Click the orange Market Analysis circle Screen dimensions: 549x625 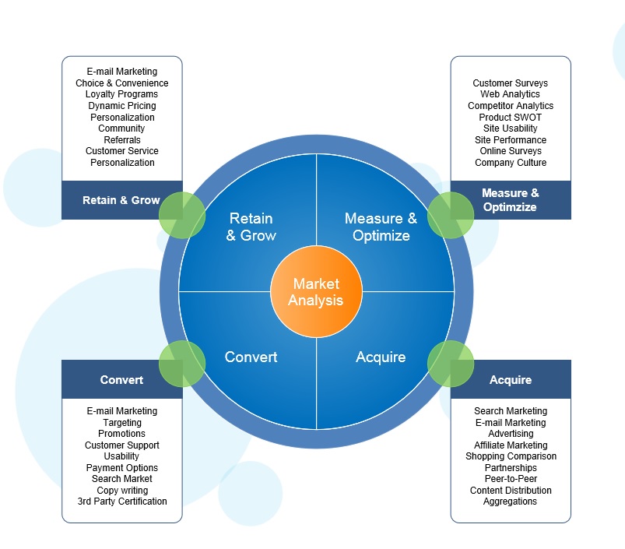(x=316, y=293)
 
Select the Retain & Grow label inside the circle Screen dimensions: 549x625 (x=251, y=227)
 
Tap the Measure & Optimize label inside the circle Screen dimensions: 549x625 (x=381, y=227)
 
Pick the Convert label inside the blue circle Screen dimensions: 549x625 (x=251, y=357)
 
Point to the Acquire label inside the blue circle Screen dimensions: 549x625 (x=381, y=357)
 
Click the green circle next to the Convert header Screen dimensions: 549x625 (x=182, y=363)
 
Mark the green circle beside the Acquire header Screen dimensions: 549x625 (x=451, y=364)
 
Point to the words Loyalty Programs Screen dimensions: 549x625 (x=121, y=94)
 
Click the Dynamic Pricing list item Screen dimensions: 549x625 (x=121, y=106)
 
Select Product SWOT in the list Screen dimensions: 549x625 (x=511, y=117)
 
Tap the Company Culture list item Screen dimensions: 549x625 (x=511, y=163)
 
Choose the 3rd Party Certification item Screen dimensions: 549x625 (x=122, y=501)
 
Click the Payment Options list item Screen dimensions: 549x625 (x=122, y=468)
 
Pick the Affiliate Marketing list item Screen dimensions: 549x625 (x=511, y=445)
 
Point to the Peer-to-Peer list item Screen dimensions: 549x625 (x=511, y=479)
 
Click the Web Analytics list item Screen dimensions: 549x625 (x=510, y=94)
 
